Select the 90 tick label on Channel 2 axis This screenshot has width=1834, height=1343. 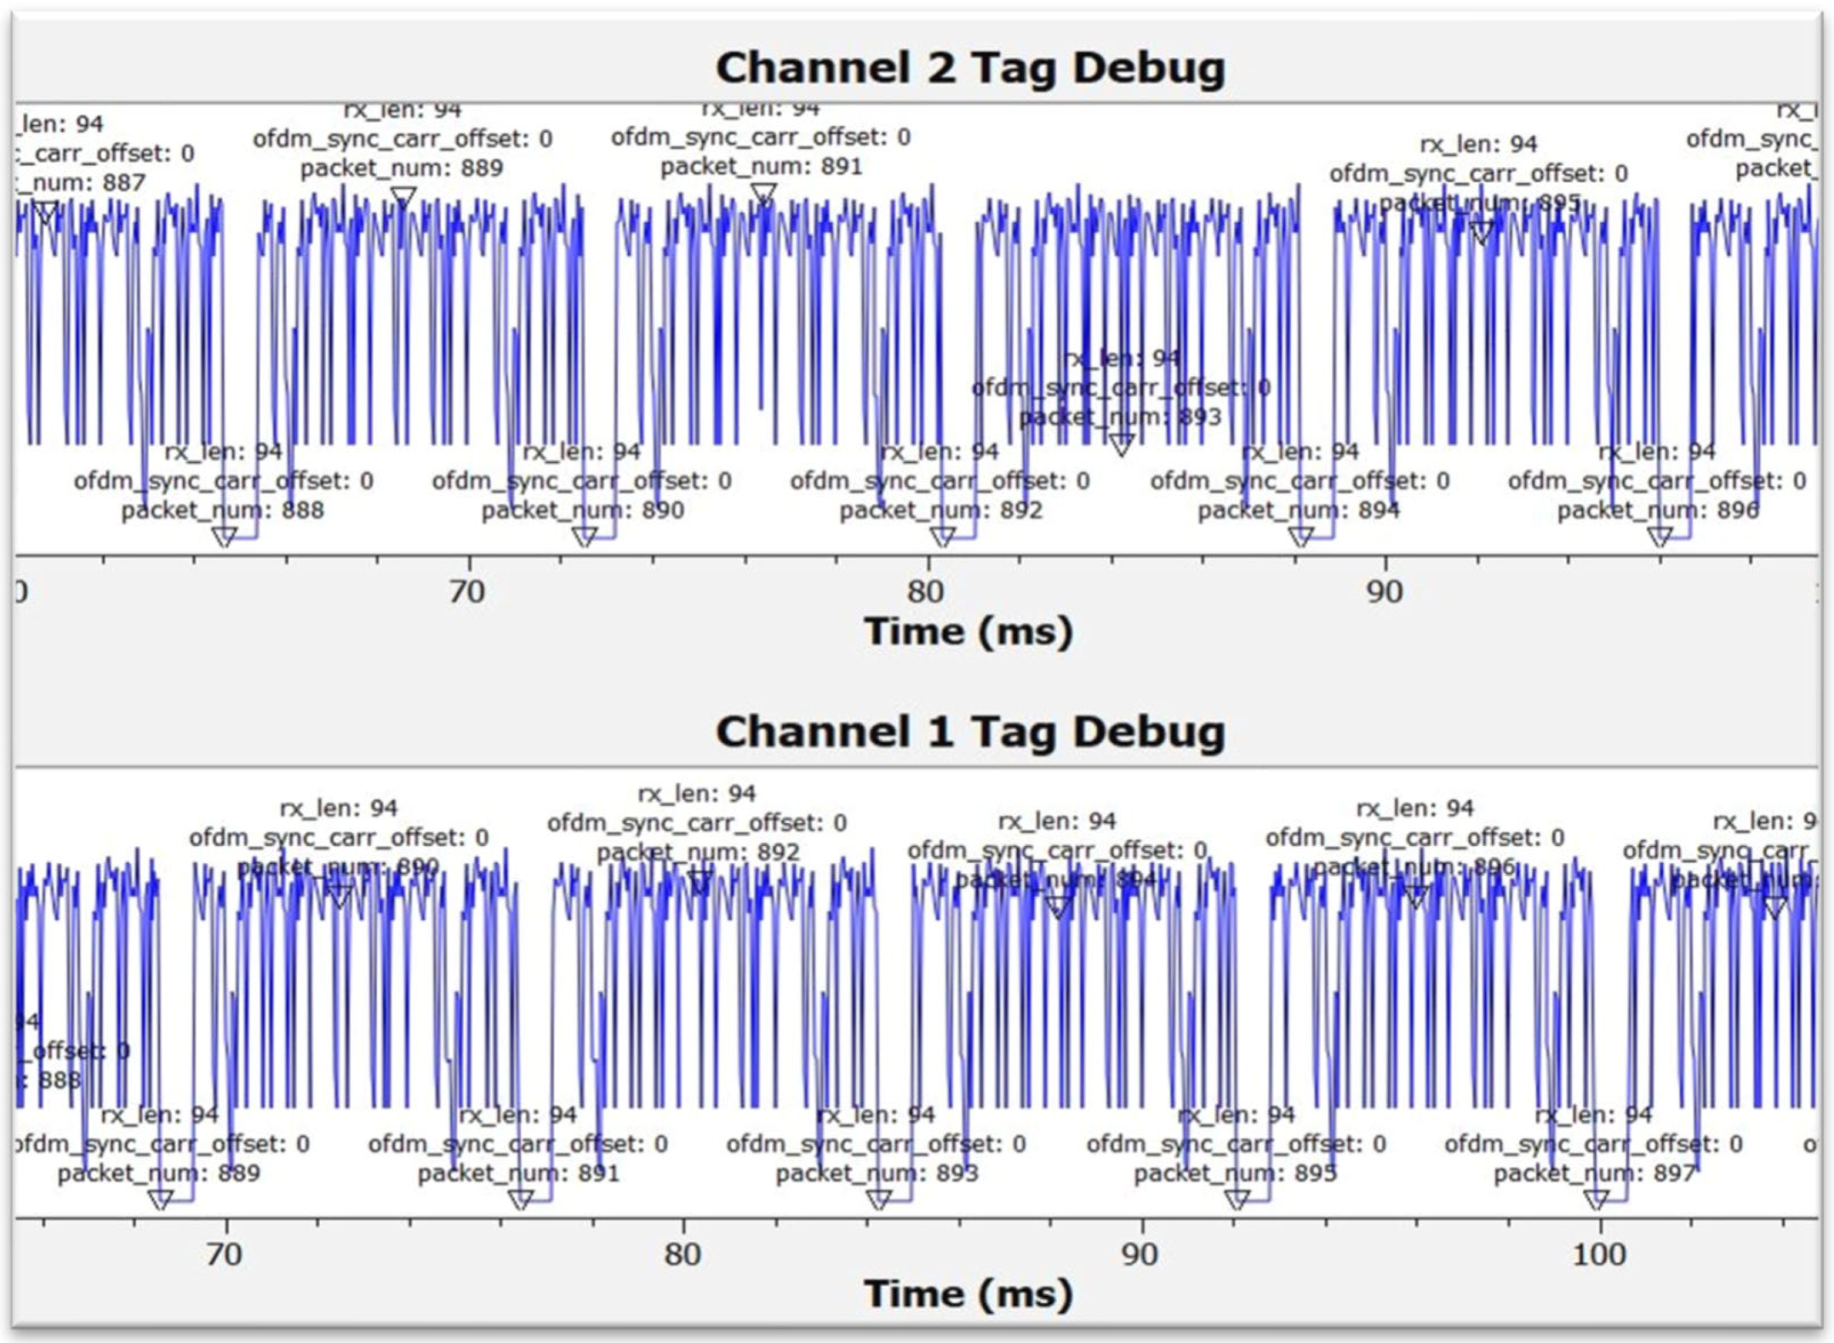1385,592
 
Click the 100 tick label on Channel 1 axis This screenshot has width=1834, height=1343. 1599,1254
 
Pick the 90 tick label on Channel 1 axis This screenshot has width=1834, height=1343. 1141,1254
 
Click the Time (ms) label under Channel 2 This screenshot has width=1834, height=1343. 968,632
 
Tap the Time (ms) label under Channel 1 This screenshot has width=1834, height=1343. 968,1294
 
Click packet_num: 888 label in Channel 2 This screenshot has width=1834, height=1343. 222,510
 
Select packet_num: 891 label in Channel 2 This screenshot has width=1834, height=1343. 761,167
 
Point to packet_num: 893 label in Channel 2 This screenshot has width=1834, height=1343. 1120,417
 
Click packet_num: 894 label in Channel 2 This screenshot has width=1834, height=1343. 1299,510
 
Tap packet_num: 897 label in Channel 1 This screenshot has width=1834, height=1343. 1594,1173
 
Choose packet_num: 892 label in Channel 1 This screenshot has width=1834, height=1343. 698,852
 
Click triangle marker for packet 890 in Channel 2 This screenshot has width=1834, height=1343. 584,536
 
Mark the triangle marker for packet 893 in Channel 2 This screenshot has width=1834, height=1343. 1121,444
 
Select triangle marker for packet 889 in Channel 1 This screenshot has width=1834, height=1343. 161,1199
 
